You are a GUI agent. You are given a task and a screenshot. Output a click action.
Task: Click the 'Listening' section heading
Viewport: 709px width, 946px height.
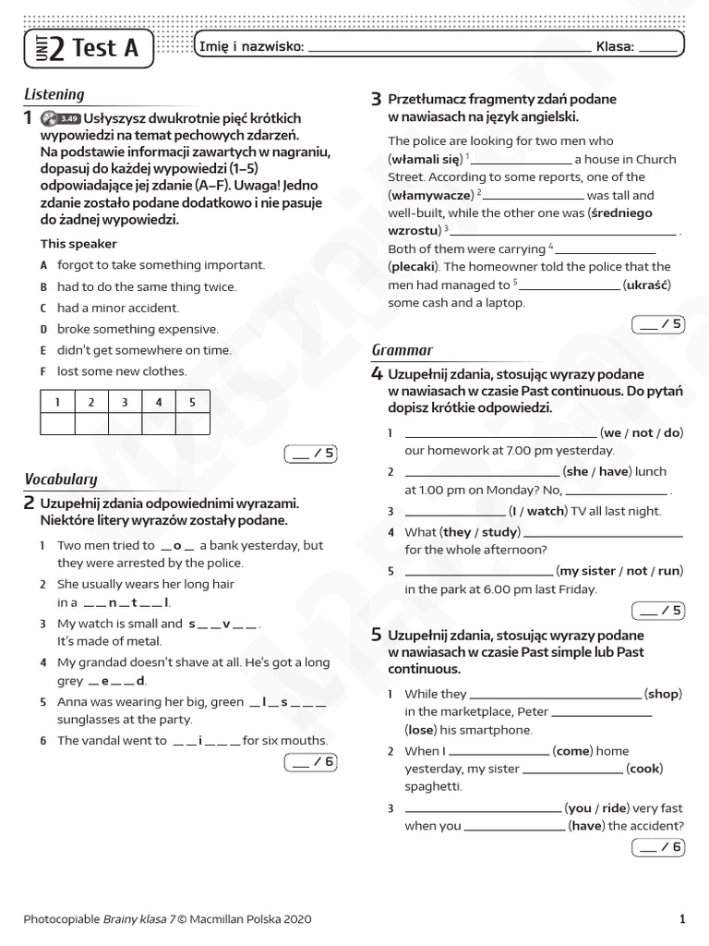tap(54, 94)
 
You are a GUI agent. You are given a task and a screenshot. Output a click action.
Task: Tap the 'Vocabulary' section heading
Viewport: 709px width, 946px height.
tap(60, 479)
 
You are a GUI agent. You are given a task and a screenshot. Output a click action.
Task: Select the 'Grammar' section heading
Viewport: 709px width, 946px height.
tap(402, 350)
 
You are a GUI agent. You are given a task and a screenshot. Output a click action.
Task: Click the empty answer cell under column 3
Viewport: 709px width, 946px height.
tap(125, 423)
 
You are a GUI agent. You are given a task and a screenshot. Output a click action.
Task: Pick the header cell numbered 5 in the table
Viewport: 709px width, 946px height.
tap(192, 402)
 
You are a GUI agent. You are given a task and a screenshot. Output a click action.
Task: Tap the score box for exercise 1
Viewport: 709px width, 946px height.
tap(311, 454)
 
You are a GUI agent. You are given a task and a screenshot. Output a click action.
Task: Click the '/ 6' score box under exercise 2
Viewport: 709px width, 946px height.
tap(311, 762)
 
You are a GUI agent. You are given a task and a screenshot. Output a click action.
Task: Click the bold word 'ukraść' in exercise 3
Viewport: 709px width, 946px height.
tap(647, 285)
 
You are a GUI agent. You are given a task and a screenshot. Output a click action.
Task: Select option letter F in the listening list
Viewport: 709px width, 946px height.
tap(43, 371)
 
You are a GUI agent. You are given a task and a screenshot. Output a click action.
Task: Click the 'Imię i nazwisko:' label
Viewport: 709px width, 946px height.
tap(251, 47)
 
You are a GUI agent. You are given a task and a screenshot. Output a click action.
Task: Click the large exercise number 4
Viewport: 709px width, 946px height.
tap(377, 374)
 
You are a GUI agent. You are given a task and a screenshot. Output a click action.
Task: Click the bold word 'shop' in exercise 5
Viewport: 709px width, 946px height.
tap(662, 694)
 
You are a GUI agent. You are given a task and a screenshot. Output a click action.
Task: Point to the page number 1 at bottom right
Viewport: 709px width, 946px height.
tap(681, 919)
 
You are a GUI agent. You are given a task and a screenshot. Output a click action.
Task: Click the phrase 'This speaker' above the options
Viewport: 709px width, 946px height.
tap(78, 244)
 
